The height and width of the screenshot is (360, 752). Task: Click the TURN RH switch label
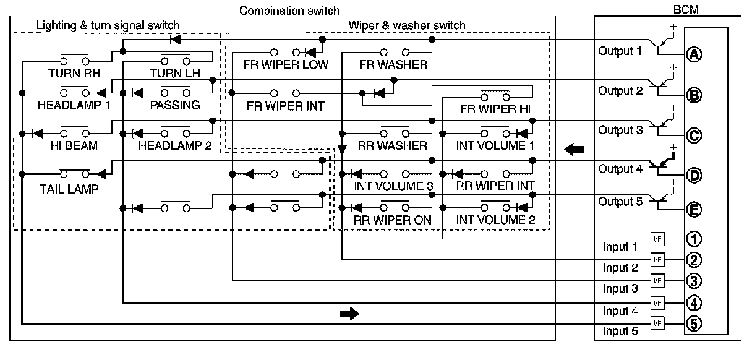[74, 72]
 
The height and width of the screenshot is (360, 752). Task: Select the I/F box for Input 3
[657, 280]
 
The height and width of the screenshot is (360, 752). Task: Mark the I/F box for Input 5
[657, 322]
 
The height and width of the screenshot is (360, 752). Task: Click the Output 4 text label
[620, 168]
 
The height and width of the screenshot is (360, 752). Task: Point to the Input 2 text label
[620, 268]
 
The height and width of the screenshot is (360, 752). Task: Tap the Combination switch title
[289, 11]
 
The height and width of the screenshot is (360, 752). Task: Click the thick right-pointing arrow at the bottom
[349, 314]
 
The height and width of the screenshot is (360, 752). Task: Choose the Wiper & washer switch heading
[406, 25]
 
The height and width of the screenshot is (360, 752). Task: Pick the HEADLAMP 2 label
[175, 146]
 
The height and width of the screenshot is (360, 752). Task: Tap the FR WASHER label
[393, 64]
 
